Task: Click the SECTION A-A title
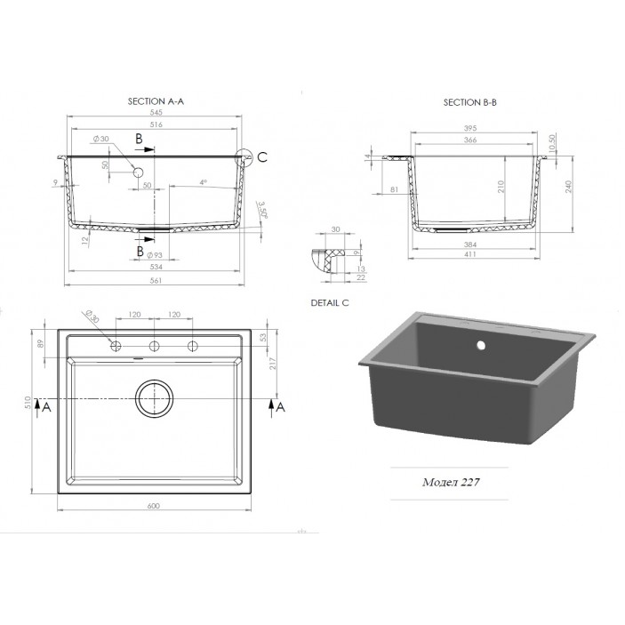click(156, 103)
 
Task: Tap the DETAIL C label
click(333, 303)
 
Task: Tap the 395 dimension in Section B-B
click(472, 128)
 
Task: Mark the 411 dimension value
click(472, 254)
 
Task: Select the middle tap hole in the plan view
click(154, 345)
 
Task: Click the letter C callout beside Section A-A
click(260, 158)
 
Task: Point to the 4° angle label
click(203, 183)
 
